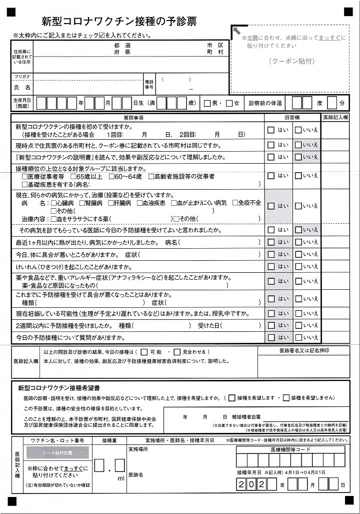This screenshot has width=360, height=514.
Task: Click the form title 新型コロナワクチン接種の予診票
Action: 119,21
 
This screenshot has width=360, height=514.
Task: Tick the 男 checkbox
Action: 207,104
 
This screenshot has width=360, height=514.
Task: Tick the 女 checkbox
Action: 229,104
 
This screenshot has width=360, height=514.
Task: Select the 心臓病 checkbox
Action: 53,203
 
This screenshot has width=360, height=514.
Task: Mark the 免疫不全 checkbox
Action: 234,203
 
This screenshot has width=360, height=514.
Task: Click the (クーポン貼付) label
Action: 291,61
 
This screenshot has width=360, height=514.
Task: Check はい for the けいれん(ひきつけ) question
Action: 271,266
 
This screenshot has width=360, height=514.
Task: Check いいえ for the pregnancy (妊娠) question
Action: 298,314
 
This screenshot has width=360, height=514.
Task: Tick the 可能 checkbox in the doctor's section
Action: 144,352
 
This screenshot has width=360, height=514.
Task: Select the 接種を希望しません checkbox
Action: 286,398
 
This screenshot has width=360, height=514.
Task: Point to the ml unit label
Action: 120,478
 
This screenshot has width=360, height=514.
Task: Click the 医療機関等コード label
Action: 290,449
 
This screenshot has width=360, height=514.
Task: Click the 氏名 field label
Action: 22,87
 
